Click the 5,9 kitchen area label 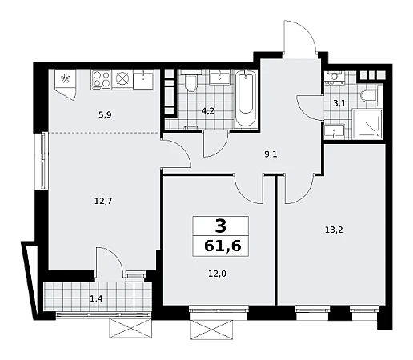point(105,115)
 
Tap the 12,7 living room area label point(103,201)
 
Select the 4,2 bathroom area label point(208,111)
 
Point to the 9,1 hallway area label point(271,154)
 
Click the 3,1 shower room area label point(339,103)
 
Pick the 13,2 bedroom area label point(334,230)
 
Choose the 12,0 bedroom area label point(217,274)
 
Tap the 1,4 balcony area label point(96,298)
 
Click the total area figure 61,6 point(223,246)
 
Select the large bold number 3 point(221,226)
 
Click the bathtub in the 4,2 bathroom point(246,98)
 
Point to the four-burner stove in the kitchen point(101,79)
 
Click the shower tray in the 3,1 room point(367,124)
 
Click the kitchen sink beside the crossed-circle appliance point(143,79)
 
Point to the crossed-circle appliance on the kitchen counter point(122,79)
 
